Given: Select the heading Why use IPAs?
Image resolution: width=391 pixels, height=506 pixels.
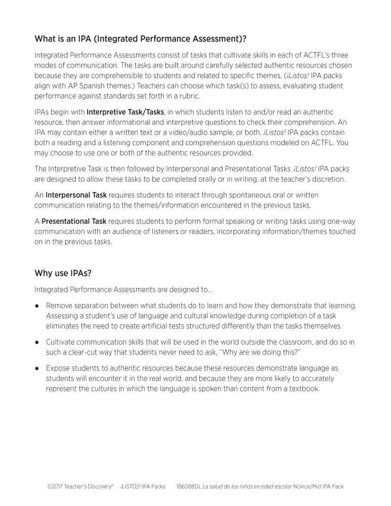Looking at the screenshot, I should pyautogui.click(x=63, y=273).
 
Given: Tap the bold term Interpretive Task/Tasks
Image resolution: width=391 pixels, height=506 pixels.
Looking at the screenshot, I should pyautogui.click(x=125, y=112).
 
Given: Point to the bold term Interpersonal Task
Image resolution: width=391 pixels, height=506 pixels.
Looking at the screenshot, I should pyautogui.click(x=76, y=195).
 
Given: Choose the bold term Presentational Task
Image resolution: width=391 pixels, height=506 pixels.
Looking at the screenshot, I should pyautogui.click(x=74, y=222).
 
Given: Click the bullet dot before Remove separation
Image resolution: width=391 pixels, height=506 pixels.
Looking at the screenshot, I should pyautogui.click(x=37, y=306).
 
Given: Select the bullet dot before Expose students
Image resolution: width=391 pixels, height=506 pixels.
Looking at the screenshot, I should pyautogui.click(x=37, y=368).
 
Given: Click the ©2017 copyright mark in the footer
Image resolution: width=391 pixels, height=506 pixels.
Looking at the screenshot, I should pyautogui.click(x=57, y=486).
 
